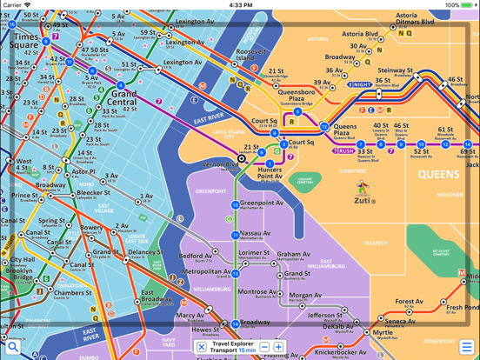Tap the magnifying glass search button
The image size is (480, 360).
(13, 347)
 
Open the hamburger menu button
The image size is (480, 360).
(467, 347)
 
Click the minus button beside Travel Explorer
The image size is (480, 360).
(264, 347)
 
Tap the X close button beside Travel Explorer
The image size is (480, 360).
(202, 347)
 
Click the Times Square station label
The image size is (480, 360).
(25, 43)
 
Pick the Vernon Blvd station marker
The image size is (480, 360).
(243, 158)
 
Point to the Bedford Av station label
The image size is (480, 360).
(195, 257)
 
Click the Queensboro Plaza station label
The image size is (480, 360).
(297, 97)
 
